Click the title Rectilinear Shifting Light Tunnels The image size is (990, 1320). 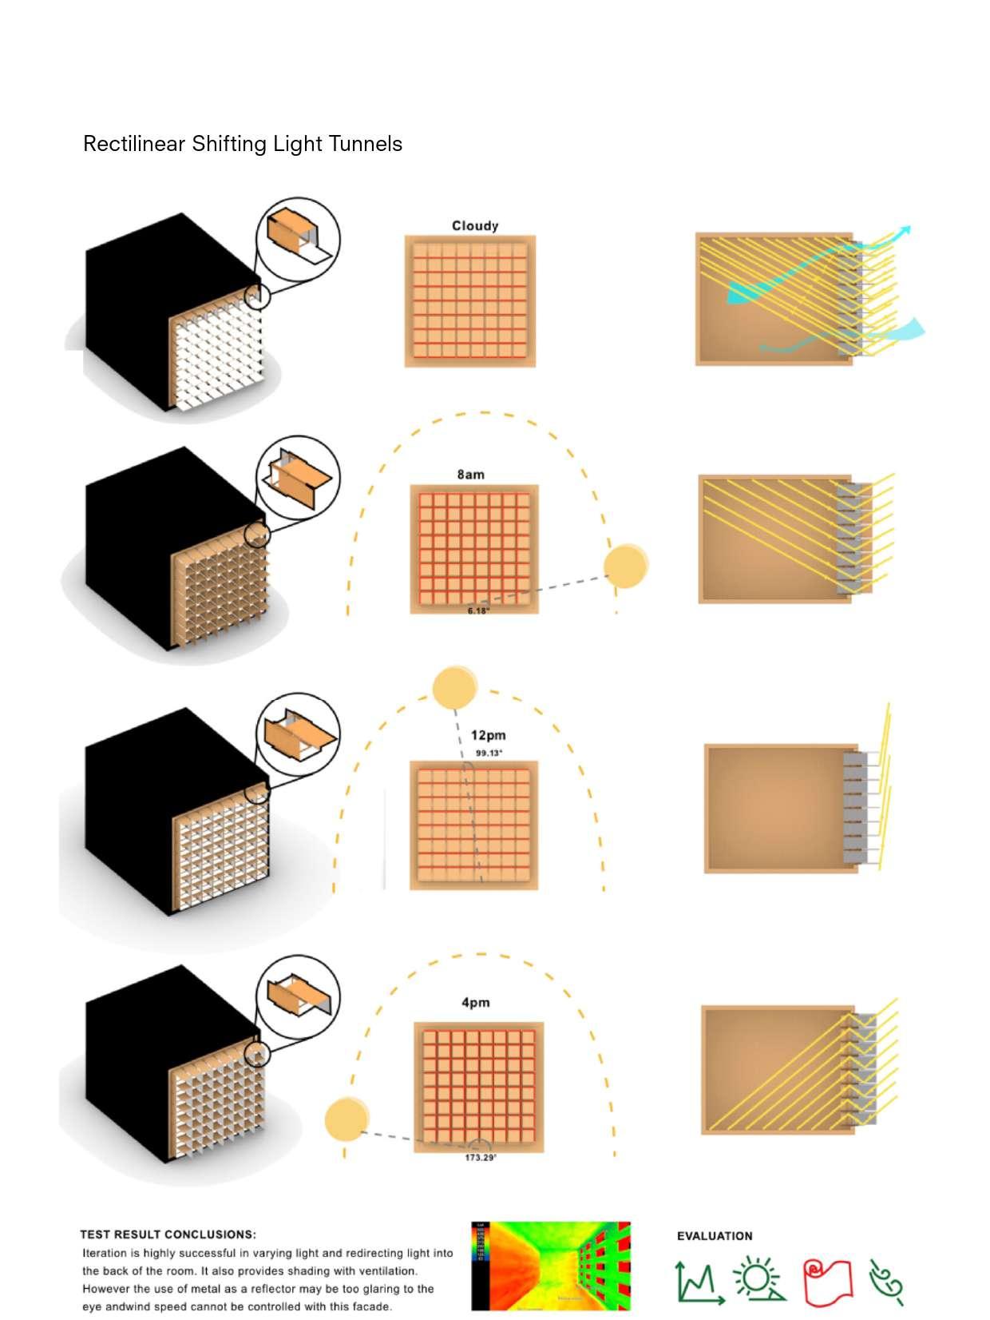tap(243, 144)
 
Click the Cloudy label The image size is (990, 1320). tap(475, 226)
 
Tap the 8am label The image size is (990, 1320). tap(470, 475)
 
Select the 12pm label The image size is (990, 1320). tap(488, 735)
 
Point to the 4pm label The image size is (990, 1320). tap(475, 1003)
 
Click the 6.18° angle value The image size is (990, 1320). tap(478, 611)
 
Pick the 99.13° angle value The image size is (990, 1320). tap(489, 753)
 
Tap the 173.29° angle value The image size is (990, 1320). tap(481, 1158)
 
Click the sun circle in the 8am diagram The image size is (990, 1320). tap(625, 566)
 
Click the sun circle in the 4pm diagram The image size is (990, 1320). tap(346, 1119)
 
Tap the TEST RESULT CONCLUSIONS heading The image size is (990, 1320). tap(168, 1235)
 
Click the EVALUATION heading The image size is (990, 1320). tap(715, 1236)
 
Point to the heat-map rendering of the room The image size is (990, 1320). tap(551, 1266)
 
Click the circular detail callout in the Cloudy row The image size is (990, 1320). tap(298, 239)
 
